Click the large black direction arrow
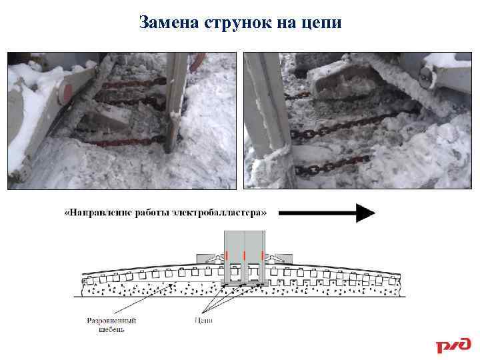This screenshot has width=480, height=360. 326,213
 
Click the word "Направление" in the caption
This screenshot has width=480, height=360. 99,213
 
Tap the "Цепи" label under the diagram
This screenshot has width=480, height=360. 204,320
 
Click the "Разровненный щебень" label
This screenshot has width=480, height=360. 105,324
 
